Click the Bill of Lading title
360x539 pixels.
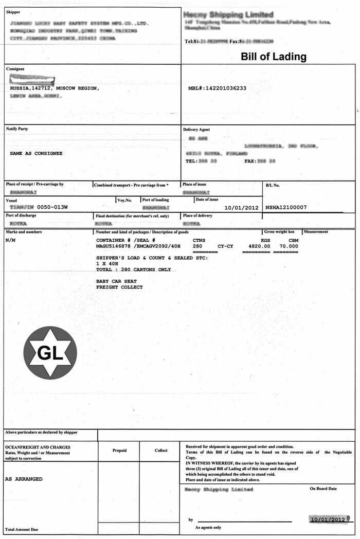274,57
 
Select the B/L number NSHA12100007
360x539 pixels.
286,207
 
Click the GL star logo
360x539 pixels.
50,352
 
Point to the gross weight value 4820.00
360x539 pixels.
259,246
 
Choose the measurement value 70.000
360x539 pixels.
289,246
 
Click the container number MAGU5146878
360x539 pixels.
114,246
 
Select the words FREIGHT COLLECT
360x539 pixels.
119,287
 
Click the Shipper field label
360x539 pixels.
13,12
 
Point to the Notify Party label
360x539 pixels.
17,129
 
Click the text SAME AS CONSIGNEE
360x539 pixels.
36,153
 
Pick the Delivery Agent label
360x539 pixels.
196,130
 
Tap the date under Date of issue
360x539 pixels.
241,207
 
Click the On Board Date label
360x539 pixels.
323,489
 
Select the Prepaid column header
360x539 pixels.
119,451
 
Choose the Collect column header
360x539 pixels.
161,451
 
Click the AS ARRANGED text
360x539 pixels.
24,479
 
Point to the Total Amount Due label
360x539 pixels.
22,529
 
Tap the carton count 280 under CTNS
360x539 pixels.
197,246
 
